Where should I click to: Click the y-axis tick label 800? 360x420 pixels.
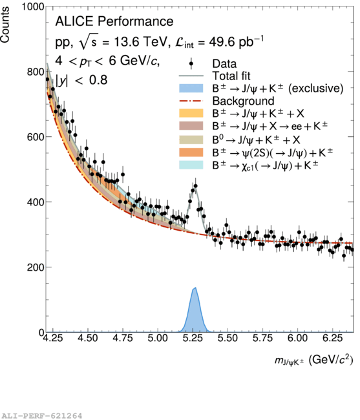[x=36, y=72]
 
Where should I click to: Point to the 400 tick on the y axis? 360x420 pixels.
[x=36, y=202]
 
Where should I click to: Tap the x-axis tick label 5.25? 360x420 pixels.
[x=193, y=338]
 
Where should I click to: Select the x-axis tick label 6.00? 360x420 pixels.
[x=298, y=338]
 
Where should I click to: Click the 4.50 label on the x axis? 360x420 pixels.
[x=88, y=338]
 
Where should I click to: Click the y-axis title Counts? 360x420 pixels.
[x=5, y=25]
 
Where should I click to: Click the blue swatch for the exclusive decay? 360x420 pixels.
[x=191, y=88]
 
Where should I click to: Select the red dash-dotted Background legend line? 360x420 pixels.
[x=191, y=101]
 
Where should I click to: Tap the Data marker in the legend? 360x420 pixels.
[x=191, y=64]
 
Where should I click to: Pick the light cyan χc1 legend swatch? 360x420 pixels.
[x=191, y=165]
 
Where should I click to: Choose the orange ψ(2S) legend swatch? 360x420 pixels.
[x=191, y=152]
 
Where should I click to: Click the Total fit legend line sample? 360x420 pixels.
[x=191, y=76]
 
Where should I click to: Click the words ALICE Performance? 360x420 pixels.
[x=114, y=21]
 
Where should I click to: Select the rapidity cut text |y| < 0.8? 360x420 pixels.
[x=81, y=80]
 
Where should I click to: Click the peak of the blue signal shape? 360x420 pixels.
[x=196, y=288]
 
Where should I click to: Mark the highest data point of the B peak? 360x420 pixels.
[x=196, y=186]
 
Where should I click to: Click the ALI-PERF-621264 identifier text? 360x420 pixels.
[x=41, y=415]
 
